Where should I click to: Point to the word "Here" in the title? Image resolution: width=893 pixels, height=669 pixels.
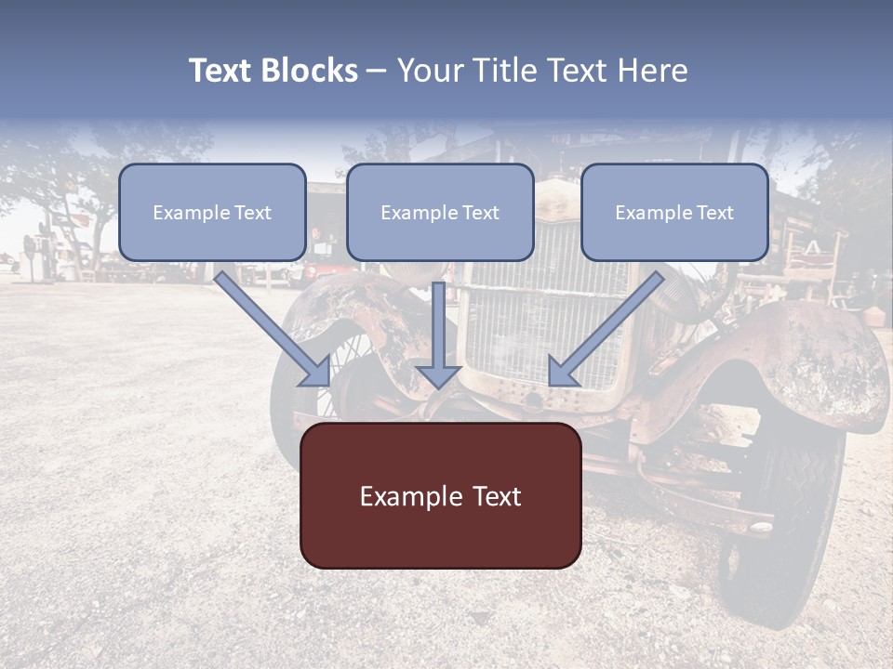(x=656, y=71)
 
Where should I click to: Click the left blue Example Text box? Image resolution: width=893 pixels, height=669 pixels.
(x=212, y=213)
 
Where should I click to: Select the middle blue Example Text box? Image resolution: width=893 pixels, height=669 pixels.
(x=440, y=213)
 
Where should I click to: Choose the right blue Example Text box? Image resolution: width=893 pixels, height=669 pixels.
(x=674, y=213)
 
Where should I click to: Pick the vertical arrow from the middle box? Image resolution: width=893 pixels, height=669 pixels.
(x=439, y=325)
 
